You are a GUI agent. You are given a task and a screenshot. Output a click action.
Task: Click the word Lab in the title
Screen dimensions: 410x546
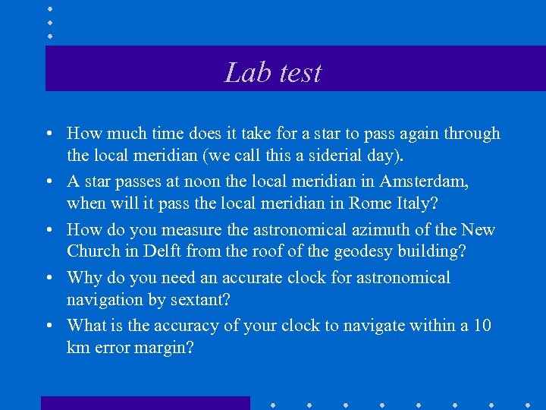pos(243,72)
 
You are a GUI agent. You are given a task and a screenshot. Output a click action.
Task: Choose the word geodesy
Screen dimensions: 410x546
pos(369,251)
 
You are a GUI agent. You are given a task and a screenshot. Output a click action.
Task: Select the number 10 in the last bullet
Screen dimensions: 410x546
pos(482,326)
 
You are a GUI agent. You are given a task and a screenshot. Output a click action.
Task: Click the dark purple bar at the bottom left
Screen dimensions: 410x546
pos(145,403)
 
